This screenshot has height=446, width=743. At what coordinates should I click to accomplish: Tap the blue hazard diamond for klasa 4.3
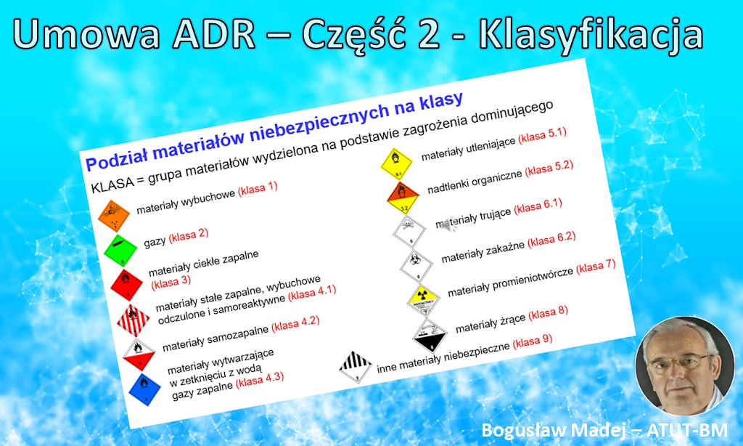[x=144, y=387]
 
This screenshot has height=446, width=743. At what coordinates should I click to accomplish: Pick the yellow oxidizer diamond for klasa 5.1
[x=396, y=161]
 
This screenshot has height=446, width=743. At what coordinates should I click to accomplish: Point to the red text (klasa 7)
[x=596, y=266]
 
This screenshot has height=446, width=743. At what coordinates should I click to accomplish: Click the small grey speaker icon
[x=450, y=225]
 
